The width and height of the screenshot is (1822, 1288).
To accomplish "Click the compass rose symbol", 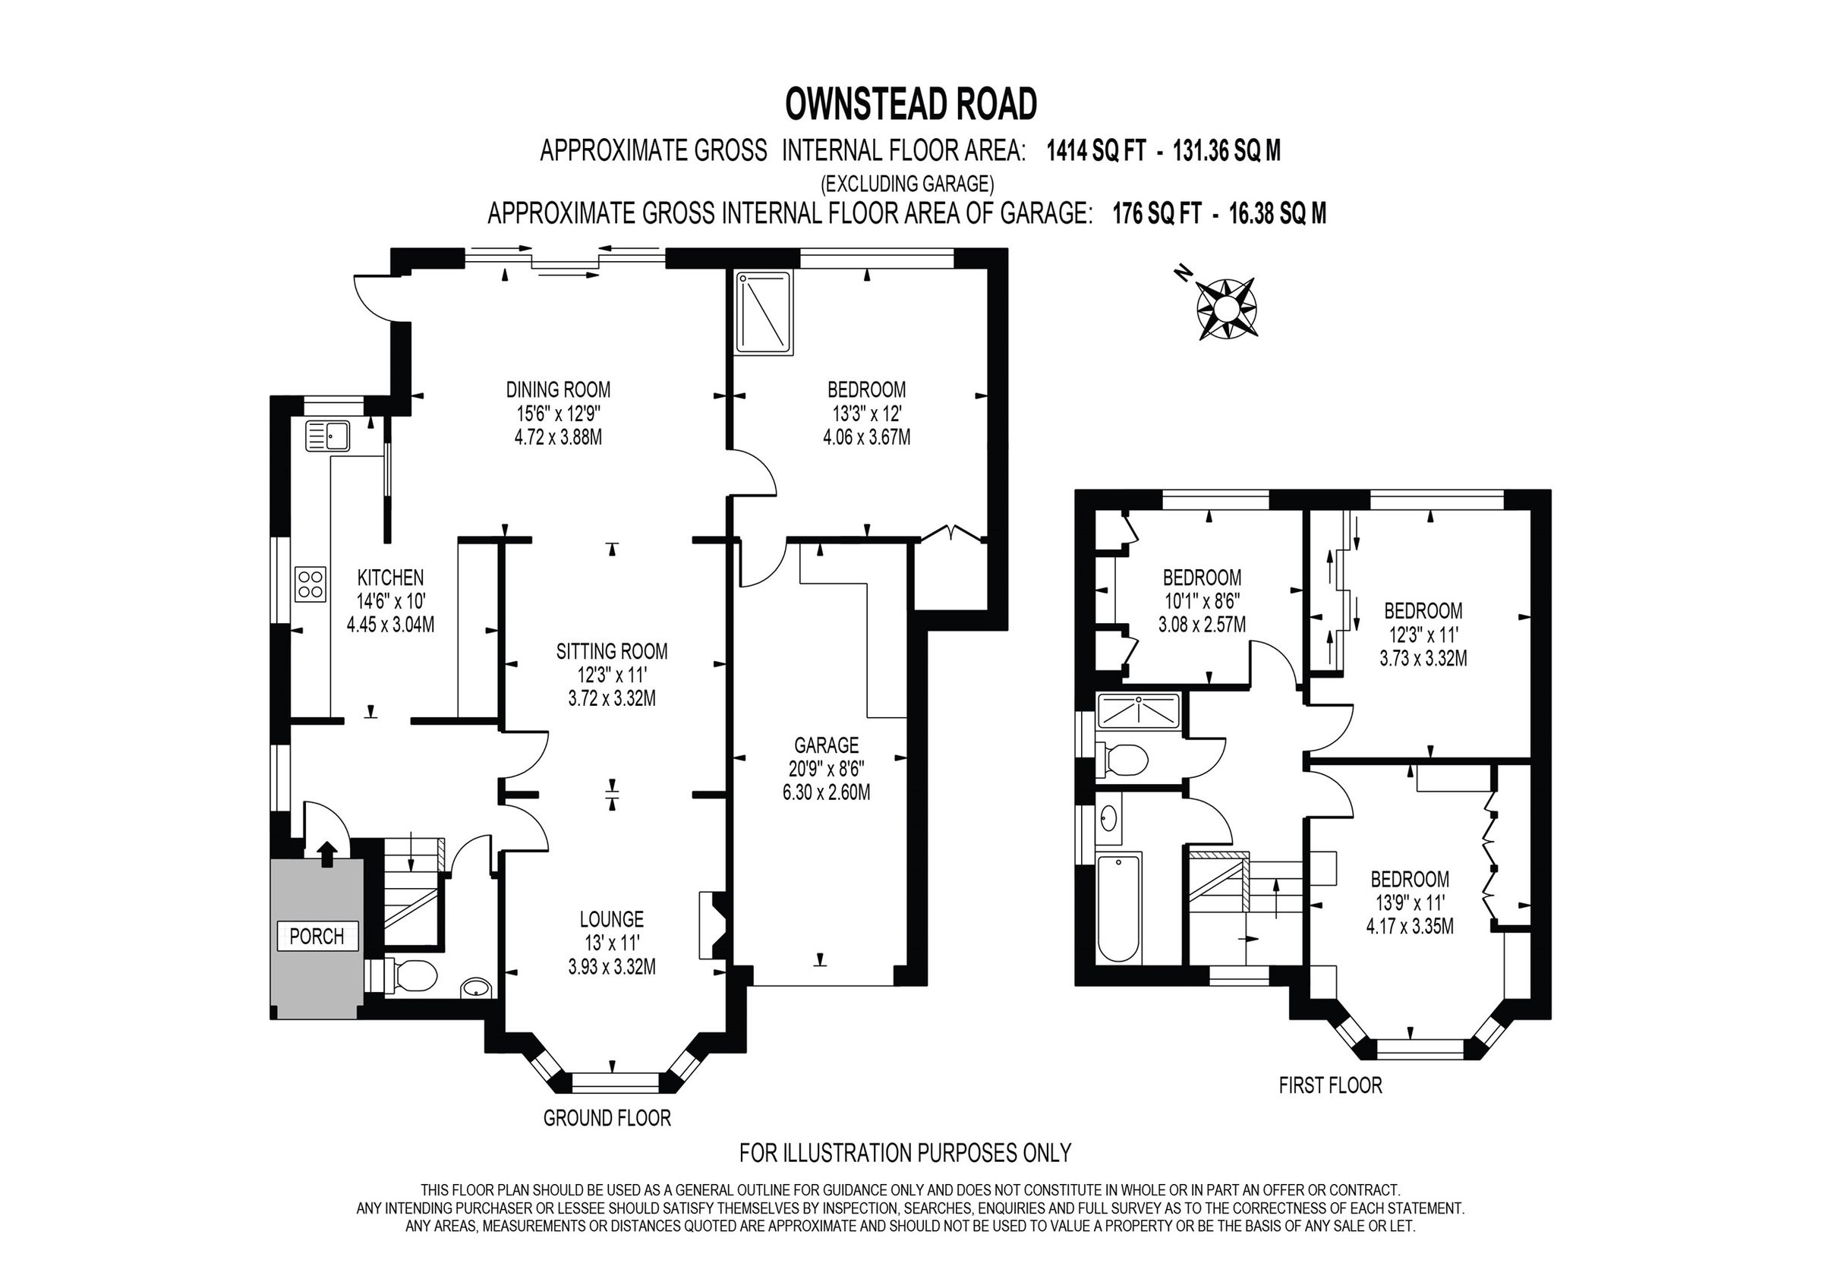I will coord(1225,308).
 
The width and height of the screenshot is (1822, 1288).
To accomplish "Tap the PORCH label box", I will coord(317,937).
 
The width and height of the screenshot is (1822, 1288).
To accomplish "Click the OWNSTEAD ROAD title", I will coord(910,104).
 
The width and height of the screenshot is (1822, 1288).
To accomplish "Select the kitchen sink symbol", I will coord(328,436).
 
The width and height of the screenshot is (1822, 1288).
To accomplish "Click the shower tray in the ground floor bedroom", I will coord(764,312).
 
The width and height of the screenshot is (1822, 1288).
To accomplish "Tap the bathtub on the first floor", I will coord(1118,908).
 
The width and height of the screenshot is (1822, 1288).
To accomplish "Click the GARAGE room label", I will coord(826,745).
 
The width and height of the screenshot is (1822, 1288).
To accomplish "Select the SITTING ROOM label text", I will coord(612,651).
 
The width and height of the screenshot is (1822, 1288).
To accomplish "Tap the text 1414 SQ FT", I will coord(1096,151).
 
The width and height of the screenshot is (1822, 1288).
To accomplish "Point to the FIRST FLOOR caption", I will coord(1330,1085).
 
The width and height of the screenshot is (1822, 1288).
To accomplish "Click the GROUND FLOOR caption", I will coord(607,1118).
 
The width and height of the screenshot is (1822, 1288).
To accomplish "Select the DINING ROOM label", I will coord(558,389).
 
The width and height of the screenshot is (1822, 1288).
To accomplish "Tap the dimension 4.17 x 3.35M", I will coord(1409,926).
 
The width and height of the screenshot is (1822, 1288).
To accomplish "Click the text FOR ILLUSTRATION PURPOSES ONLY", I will coord(905,1152).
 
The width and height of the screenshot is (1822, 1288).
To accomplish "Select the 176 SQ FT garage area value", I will coord(1156,213).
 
